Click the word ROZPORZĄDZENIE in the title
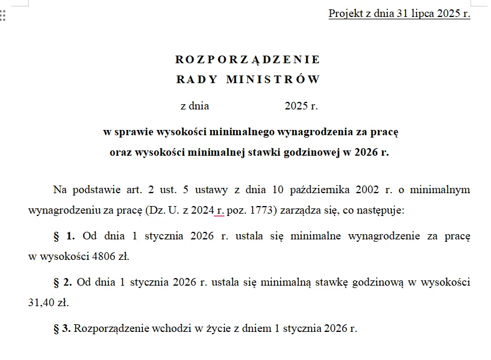coord(247,60)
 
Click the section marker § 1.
coord(64,236)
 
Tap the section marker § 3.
coord(62,328)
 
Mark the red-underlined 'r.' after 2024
coord(220,210)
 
